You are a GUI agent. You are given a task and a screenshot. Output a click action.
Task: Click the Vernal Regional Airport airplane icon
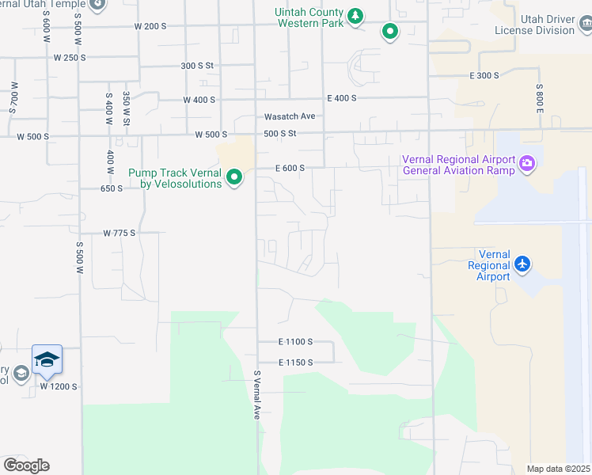[x=522, y=263]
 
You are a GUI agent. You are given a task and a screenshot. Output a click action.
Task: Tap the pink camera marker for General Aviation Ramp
[x=527, y=164]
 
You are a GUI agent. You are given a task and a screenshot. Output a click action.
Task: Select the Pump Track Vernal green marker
[x=234, y=177]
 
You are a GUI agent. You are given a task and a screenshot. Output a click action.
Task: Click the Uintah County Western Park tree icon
[x=356, y=15]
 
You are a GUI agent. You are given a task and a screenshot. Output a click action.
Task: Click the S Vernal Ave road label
[x=256, y=396]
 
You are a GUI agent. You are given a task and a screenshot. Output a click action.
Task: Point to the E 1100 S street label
[x=295, y=342]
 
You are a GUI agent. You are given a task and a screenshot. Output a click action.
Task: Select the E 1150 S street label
[x=295, y=363]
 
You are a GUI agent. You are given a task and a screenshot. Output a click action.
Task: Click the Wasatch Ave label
[x=290, y=116]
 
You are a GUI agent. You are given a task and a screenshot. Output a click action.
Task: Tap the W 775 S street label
[x=120, y=233]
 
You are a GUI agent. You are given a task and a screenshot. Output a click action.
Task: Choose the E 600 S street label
[x=290, y=168]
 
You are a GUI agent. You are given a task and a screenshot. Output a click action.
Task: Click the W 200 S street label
[x=150, y=26]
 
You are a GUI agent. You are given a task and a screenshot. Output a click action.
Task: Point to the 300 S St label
[x=197, y=66]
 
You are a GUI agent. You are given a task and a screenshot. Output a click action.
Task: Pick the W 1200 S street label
[x=59, y=387]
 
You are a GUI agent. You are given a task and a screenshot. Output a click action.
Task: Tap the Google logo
[x=26, y=465]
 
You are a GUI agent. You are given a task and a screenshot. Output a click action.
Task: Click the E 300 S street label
[x=484, y=75]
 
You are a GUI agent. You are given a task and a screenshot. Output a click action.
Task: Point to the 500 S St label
[x=280, y=134]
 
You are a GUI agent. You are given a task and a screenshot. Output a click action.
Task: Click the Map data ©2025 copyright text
[x=558, y=469]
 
